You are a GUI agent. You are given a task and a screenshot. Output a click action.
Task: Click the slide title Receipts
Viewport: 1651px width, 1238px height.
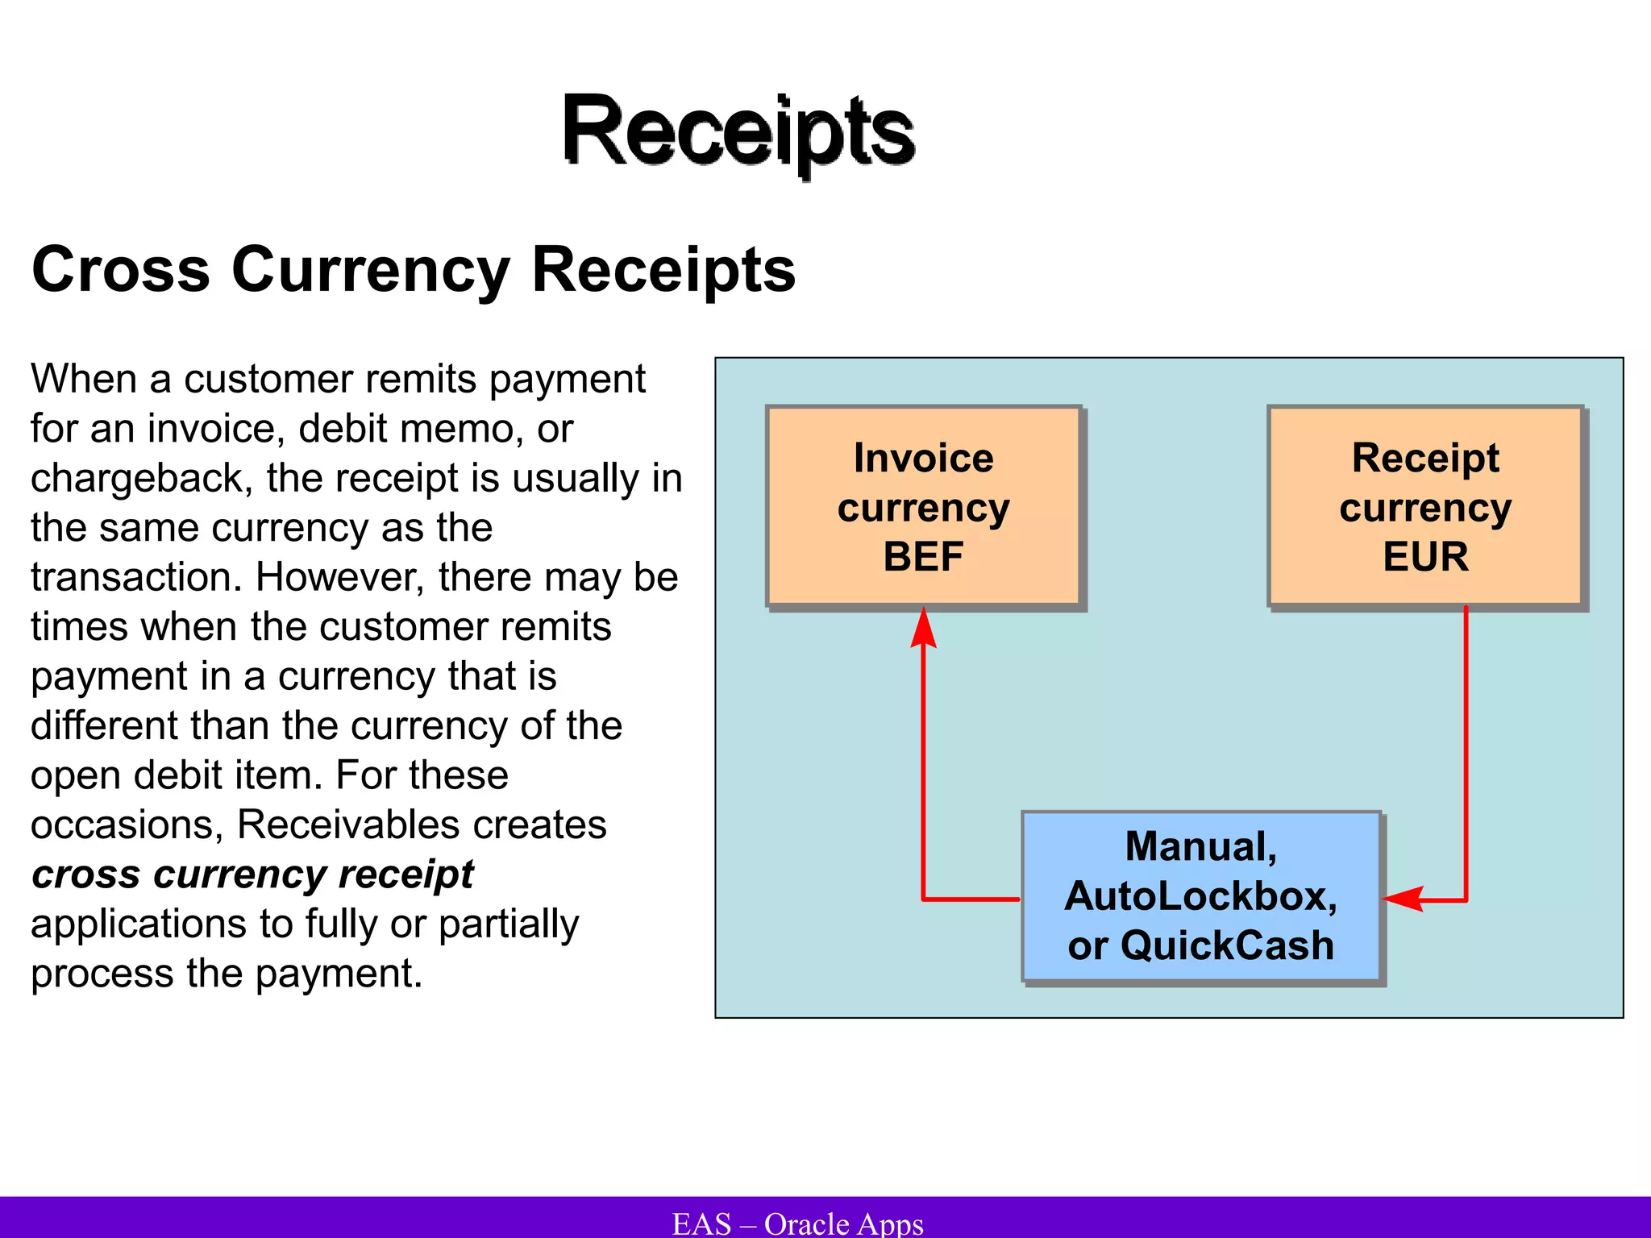click(738, 131)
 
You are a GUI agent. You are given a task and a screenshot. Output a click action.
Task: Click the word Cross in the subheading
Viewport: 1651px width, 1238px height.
click(121, 269)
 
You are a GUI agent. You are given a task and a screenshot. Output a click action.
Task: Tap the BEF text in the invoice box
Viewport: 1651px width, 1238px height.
click(923, 556)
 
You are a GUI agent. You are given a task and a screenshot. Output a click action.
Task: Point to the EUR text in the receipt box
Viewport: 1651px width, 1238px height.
click(1425, 556)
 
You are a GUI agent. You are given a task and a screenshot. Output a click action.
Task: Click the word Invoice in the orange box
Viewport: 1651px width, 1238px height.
click(923, 458)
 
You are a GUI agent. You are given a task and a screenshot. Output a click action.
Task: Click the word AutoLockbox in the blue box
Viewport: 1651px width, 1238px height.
click(1200, 896)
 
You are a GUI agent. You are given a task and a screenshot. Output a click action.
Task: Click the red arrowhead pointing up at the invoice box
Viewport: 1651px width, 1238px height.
click(923, 629)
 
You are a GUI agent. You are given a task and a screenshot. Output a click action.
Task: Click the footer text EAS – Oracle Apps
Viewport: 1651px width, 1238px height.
click(797, 1223)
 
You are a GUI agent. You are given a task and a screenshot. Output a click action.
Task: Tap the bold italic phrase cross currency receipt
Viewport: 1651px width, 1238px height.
click(252, 874)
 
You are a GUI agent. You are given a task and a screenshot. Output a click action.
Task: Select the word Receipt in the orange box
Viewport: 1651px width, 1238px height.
click(1425, 458)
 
